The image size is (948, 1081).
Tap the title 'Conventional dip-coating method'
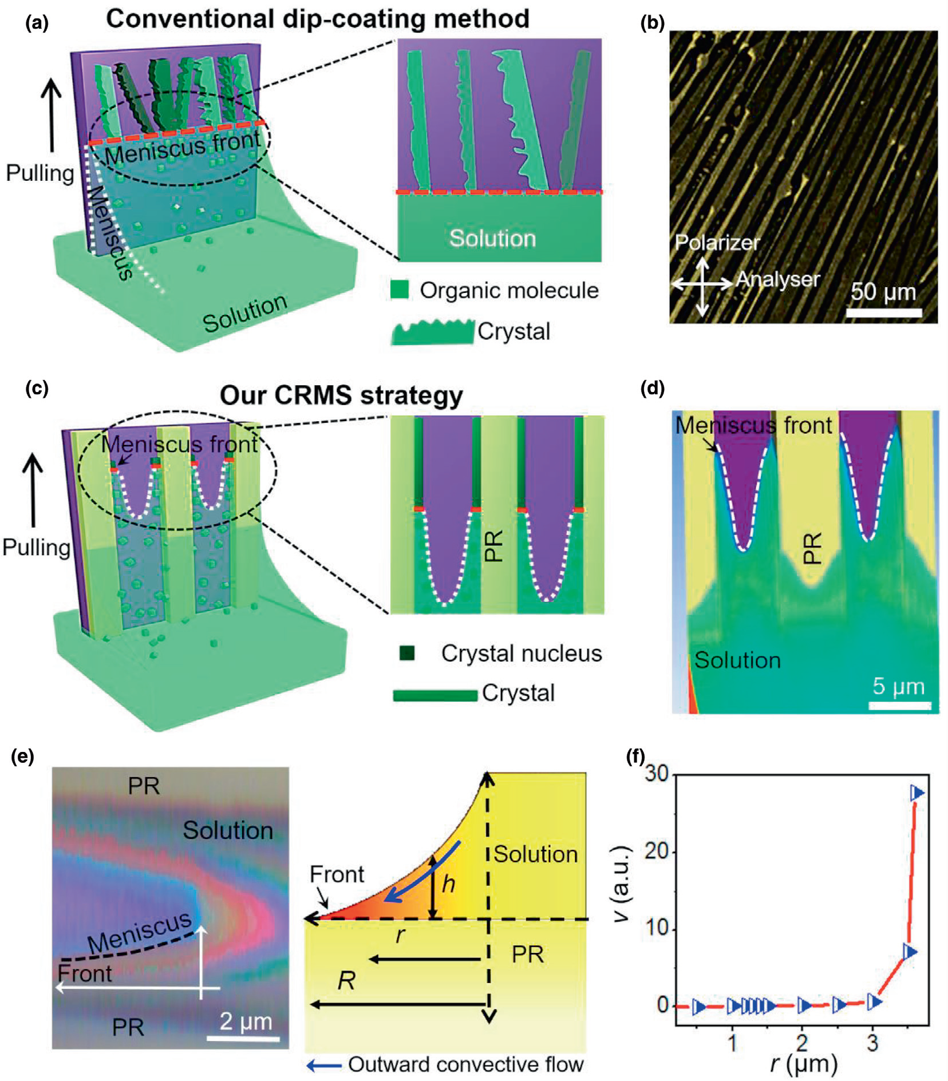(x=317, y=19)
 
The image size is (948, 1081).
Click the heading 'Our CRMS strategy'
(x=341, y=395)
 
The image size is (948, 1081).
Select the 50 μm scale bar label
(x=883, y=292)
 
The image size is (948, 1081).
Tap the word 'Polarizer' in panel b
(x=717, y=243)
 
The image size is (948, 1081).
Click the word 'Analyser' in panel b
(x=777, y=279)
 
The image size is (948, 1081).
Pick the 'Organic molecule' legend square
(x=400, y=290)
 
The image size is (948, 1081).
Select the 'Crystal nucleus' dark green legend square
(x=407, y=653)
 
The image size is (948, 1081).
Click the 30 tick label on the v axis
(x=656, y=774)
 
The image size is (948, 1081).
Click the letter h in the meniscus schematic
(x=448, y=884)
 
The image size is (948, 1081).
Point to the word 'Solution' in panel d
(x=737, y=660)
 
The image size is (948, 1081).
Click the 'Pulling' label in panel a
(x=40, y=173)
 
